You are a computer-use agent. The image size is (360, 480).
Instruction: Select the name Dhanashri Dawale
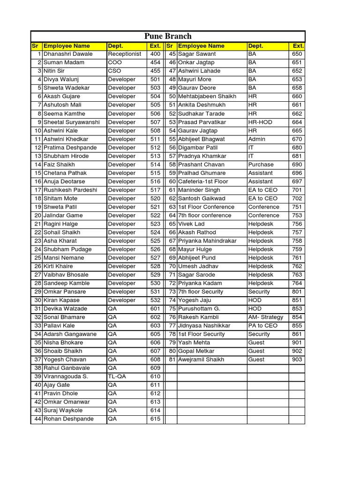[x=68, y=54]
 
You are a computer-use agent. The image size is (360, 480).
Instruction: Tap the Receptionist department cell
[x=124, y=54]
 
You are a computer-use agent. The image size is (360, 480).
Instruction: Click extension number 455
[x=155, y=71]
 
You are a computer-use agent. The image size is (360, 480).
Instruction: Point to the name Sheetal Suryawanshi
[x=72, y=122]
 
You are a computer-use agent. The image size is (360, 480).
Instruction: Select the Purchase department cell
[x=261, y=165]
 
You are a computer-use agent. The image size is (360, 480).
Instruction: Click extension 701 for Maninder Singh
[x=297, y=190]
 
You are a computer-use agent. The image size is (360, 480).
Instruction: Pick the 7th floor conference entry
[x=205, y=215]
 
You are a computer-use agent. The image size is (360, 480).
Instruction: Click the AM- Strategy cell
[x=266, y=317]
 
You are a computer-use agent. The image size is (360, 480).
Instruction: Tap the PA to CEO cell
[x=263, y=325]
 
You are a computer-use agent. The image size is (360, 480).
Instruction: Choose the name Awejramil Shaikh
[x=201, y=360]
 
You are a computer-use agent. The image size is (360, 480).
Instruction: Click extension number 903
[x=297, y=360]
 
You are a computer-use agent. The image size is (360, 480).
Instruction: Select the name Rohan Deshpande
[x=68, y=419]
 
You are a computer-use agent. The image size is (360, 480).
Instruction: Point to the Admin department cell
[x=257, y=139]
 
